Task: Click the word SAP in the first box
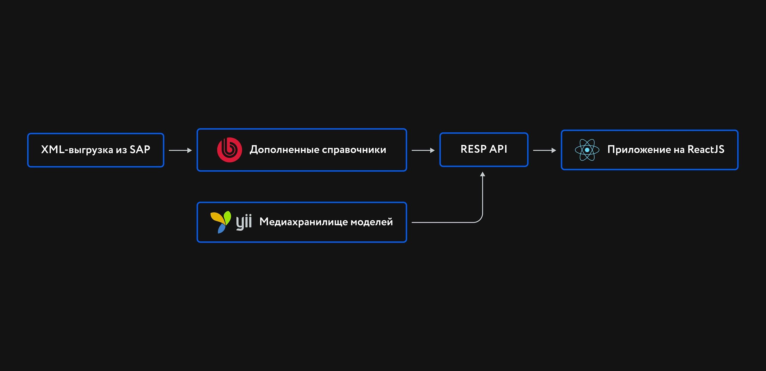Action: click(140, 149)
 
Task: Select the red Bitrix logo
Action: click(230, 150)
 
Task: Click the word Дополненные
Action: click(285, 149)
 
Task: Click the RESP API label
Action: click(484, 149)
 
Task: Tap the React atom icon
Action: click(587, 150)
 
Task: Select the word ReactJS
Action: click(706, 149)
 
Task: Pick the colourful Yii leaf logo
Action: click(221, 222)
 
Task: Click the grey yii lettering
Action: click(244, 222)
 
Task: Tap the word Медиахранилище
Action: click(303, 222)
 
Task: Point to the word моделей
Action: click(372, 222)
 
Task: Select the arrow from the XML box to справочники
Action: click(180, 150)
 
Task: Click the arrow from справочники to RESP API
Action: click(423, 150)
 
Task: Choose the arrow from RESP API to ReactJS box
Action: click(544, 150)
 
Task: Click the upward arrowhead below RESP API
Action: click(482, 174)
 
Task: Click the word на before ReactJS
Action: click(679, 150)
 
